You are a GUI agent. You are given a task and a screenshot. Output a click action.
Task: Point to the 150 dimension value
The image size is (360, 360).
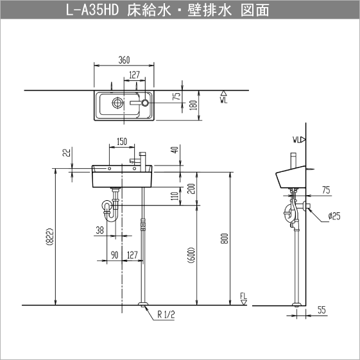(x=121, y=142)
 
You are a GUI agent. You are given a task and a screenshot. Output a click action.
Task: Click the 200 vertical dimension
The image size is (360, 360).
(x=190, y=188)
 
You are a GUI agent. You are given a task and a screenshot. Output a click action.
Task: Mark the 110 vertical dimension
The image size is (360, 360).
(x=175, y=196)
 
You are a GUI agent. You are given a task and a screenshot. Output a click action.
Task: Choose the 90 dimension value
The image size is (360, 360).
(x=114, y=255)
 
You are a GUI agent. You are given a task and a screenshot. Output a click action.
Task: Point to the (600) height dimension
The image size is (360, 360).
(x=191, y=255)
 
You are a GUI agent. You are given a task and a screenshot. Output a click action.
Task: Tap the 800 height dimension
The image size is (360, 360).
(x=224, y=238)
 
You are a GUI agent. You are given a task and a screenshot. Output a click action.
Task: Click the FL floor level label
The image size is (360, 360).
(x=243, y=296)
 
